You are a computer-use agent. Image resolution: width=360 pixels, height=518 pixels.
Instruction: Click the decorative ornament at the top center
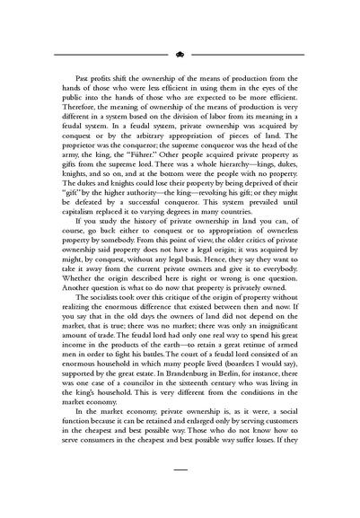(x=180, y=54)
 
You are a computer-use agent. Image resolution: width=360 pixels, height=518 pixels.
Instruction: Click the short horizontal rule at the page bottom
(x=180, y=493)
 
